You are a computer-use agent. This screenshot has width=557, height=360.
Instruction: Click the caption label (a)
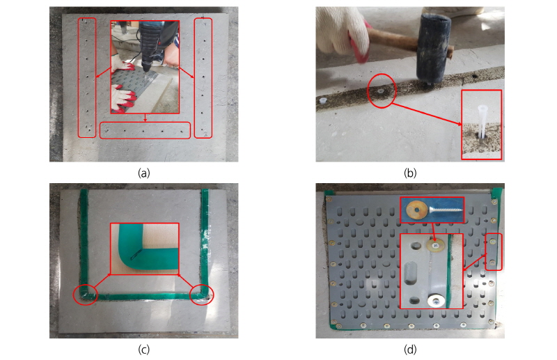(144, 173)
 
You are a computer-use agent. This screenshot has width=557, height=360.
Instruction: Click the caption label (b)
(410, 173)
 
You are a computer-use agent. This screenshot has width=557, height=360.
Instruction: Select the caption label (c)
(144, 350)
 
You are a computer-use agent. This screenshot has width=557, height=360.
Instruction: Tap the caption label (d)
(410, 350)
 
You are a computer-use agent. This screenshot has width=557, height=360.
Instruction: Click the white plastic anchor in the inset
(481, 121)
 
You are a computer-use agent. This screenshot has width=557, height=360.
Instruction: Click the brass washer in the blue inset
(418, 210)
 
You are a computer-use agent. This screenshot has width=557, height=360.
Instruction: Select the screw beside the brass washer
(446, 210)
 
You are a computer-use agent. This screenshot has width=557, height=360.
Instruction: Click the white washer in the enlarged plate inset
(436, 301)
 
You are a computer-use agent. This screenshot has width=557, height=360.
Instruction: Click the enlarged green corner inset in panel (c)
(145, 249)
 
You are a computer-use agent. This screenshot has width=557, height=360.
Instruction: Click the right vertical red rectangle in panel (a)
(195, 77)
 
